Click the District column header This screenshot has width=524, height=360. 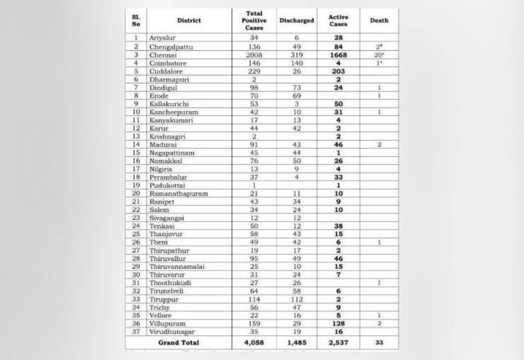coord(189,20)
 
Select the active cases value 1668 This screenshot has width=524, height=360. coord(339,55)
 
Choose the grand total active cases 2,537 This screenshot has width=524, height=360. coord(339,342)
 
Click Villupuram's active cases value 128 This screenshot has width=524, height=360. coord(339,323)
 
